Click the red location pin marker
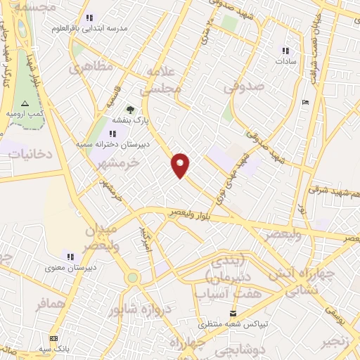pyautogui.click(x=181, y=165)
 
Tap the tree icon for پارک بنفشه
pyautogui.click(x=129, y=109)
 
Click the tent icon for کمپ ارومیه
pyautogui.click(x=26, y=103)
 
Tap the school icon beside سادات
pyautogui.click(x=285, y=51)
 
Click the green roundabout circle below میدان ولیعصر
pyautogui.click(x=132, y=278)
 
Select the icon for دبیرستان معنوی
pyautogui.click(x=70, y=256)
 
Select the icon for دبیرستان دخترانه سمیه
pyautogui.click(x=112, y=134)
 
